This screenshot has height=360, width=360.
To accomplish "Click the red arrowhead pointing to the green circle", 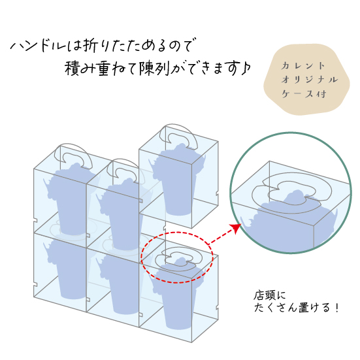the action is coord(236,228).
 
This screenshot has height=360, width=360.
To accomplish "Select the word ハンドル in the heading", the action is coord(39,46).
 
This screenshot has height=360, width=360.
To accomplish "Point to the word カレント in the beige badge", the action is coord(303,66).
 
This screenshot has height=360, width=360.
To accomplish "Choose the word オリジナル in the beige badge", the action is coord(310,80).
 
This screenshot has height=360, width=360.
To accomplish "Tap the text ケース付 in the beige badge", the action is coord(304,93).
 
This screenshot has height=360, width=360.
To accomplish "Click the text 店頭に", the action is coord(269,295).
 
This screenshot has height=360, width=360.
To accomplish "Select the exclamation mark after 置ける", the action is coord(337,308).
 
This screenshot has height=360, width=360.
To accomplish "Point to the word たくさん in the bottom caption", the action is coord(275,308).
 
